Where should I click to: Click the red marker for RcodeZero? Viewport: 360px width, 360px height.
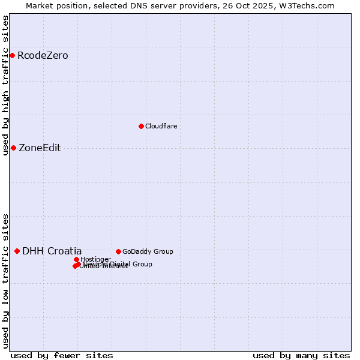(12, 56)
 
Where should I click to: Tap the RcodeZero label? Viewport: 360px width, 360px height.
(43, 56)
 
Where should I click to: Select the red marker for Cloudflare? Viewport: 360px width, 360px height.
(141, 126)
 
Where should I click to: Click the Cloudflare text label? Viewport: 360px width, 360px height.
(161, 126)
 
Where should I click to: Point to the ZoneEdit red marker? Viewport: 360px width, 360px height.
(13, 148)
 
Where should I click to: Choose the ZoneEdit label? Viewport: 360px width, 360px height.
(40, 148)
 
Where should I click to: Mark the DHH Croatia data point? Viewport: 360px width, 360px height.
(17, 251)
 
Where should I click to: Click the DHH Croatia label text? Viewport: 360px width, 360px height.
(52, 251)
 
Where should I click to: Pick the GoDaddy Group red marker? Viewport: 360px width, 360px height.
(118, 251)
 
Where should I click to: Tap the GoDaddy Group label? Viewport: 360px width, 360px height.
(147, 251)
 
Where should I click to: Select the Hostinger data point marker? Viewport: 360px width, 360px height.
(76, 259)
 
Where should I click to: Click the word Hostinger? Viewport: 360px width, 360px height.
(95, 259)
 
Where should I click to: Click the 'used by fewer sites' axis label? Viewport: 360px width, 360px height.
(62, 355)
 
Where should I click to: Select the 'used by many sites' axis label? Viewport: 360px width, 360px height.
(301, 355)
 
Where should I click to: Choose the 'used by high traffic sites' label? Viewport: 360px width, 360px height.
(5, 85)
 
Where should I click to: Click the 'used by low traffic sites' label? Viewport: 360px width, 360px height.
(5, 280)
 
